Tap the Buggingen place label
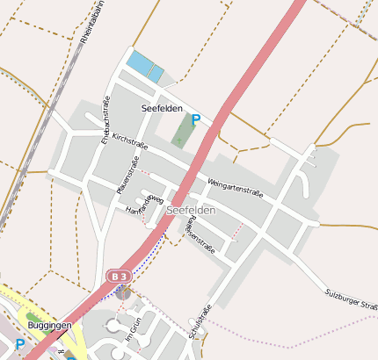(x=49, y=325)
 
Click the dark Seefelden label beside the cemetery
(x=162, y=108)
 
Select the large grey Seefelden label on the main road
(x=191, y=211)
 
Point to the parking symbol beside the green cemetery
(x=196, y=120)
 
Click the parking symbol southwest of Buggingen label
(x=19, y=345)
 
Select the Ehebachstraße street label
(x=105, y=126)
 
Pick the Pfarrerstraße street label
(x=127, y=175)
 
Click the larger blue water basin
(x=139, y=63)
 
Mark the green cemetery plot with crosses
(x=185, y=132)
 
